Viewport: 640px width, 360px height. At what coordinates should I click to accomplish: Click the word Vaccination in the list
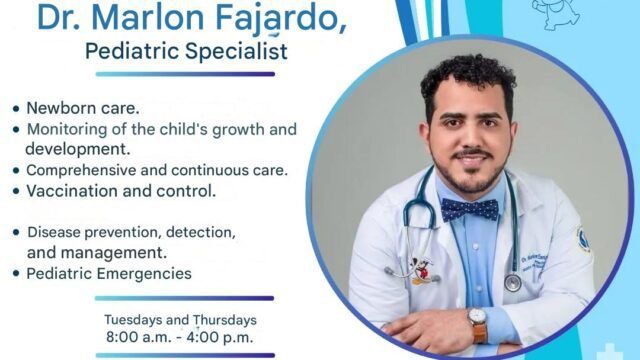click(72, 190)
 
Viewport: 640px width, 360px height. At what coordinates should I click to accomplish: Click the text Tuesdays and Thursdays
click(180, 320)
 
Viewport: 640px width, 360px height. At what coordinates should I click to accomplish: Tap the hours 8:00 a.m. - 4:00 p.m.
click(180, 338)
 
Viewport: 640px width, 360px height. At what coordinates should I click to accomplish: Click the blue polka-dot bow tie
click(469, 209)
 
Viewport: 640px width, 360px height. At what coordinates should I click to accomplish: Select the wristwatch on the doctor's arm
click(477, 323)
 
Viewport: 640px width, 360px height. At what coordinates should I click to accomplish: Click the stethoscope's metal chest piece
click(512, 283)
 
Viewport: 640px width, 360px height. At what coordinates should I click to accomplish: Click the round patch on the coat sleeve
click(582, 239)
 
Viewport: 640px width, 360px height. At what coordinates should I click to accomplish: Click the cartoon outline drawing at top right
click(556, 12)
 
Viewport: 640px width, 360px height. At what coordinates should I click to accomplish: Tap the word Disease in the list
click(53, 232)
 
